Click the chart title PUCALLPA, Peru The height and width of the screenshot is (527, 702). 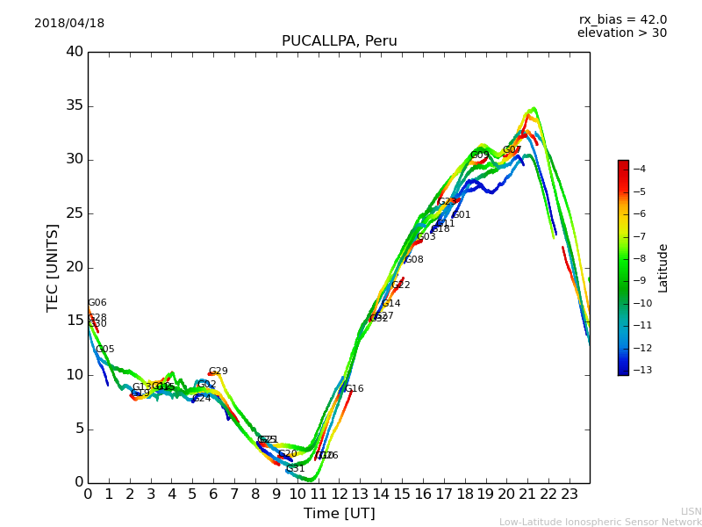[x=339, y=41]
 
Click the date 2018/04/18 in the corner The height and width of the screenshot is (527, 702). [x=69, y=24]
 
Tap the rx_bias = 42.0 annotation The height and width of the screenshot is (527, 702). [x=622, y=20]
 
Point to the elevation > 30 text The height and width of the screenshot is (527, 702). [x=621, y=33]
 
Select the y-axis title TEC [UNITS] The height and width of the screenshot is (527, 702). [x=54, y=267]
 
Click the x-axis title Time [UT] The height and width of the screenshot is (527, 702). [x=339, y=514]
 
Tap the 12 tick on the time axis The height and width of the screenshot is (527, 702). [x=339, y=495]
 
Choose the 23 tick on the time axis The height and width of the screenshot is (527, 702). [x=569, y=495]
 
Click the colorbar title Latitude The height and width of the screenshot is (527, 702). [x=663, y=268]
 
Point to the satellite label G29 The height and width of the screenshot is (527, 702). [x=218, y=372]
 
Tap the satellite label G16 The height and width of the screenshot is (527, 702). [x=354, y=389]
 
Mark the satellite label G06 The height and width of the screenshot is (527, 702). [x=97, y=303]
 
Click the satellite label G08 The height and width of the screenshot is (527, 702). [x=414, y=260]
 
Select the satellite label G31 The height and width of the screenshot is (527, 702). [x=295, y=469]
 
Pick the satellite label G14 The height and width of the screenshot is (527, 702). [x=390, y=304]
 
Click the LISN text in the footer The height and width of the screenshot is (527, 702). [x=691, y=511]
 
